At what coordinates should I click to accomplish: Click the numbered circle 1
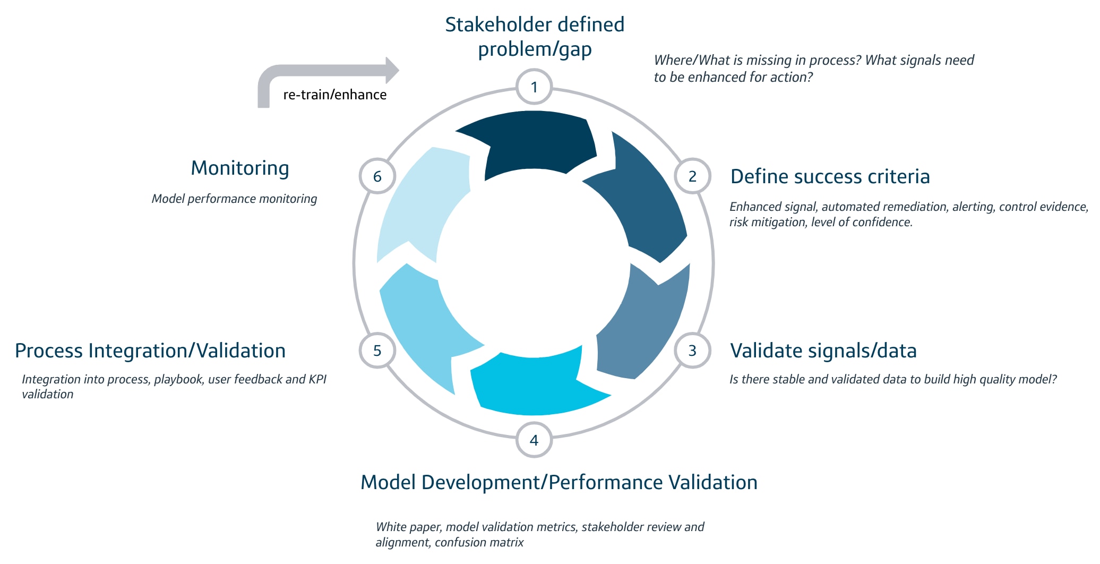(534, 87)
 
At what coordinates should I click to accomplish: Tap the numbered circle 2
(692, 176)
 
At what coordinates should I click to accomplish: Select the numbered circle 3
(692, 351)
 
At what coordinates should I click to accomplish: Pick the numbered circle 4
(534, 440)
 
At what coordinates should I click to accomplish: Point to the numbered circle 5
(377, 351)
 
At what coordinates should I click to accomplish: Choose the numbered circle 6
(377, 176)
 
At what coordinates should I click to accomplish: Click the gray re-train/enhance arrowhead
(392, 70)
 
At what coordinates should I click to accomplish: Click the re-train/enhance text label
(334, 95)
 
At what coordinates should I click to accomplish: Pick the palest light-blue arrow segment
(419, 202)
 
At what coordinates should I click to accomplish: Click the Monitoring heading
(240, 168)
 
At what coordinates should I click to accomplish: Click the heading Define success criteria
(830, 176)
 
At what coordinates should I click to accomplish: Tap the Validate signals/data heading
(823, 351)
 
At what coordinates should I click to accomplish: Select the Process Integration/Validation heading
(150, 351)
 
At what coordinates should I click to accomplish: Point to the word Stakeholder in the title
(491, 24)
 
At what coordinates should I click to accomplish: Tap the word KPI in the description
(317, 379)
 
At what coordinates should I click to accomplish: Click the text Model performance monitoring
(234, 199)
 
